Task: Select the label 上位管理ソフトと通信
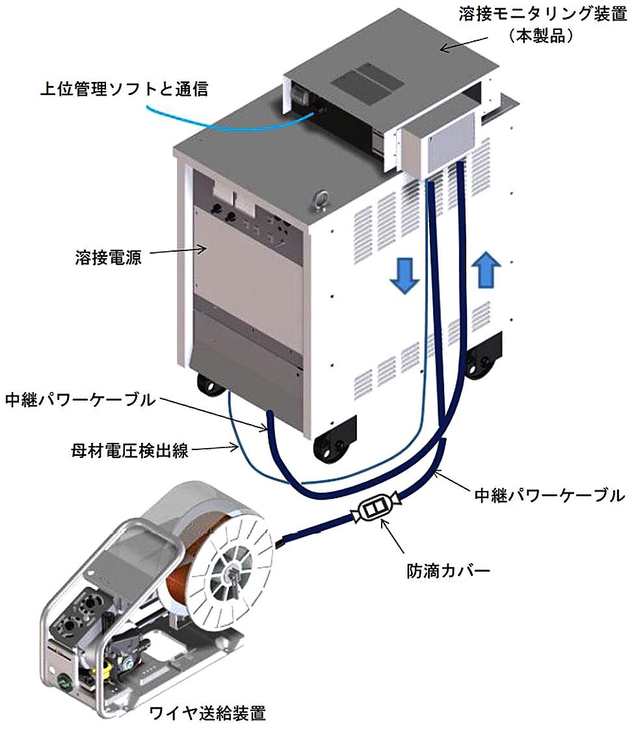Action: pyautogui.click(x=124, y=89)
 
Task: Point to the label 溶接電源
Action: pyautogui.click(x=108, y=256)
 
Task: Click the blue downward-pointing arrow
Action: pyautogui.click(x=401, y=273)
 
